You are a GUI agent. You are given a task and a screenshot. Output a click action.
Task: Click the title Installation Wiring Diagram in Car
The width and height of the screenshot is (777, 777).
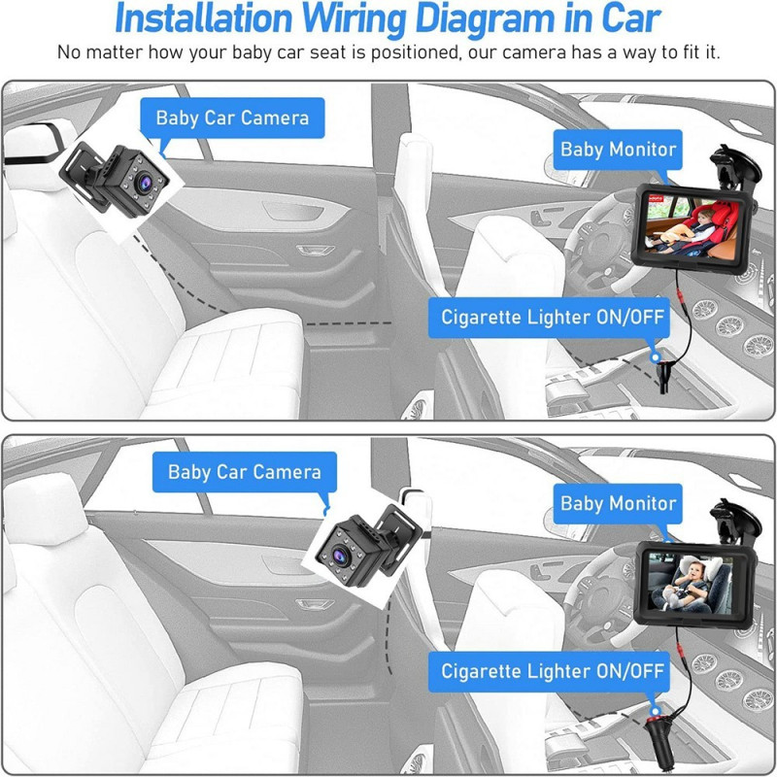tap(388, 18)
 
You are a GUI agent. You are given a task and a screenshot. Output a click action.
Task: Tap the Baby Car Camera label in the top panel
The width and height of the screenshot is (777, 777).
tap(232, 118)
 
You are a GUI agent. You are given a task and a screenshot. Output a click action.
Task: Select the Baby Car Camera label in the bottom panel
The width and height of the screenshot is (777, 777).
tap(244, 473)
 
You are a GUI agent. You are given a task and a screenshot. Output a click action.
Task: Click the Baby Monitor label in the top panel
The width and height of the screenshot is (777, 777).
tap(618, 149)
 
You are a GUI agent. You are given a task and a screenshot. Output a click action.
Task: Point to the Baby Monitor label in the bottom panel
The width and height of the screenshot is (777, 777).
tap(618, 503)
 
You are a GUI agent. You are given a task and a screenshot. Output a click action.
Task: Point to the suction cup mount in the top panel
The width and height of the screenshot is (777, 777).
tap(730, 163)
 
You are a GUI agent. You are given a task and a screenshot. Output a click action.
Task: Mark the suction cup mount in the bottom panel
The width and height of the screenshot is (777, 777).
tap(730, 517)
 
